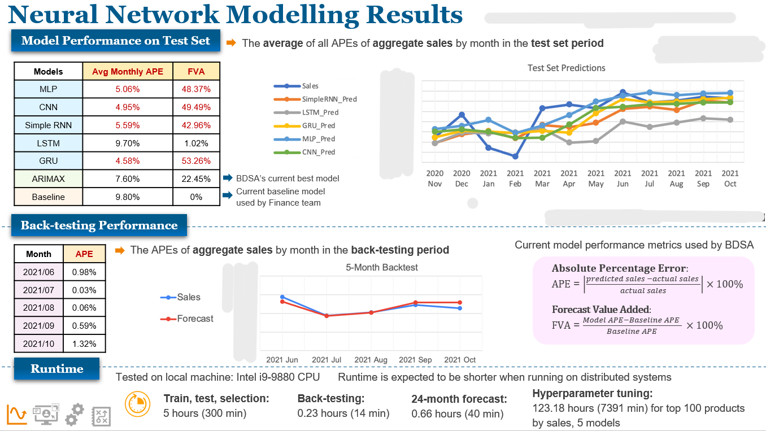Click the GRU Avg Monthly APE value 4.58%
(128, 161)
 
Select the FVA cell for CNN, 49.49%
(196, 107)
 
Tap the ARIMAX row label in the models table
(49, 179)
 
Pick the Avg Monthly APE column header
(128, 72)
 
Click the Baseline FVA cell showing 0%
(196, 197)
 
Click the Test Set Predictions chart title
(566, 68)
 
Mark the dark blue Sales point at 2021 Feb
(515, 156)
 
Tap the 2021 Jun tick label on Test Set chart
(623, 179)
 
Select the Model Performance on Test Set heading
(116, 41)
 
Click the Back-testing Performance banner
(99, 225)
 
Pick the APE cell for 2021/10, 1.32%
(84, 343)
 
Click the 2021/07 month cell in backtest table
(38, 290)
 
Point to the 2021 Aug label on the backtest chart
(371, 360)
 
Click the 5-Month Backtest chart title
(382, 267)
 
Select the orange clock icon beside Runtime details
(137, 404)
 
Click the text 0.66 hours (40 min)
(457, 414)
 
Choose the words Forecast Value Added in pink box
(600, 310)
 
